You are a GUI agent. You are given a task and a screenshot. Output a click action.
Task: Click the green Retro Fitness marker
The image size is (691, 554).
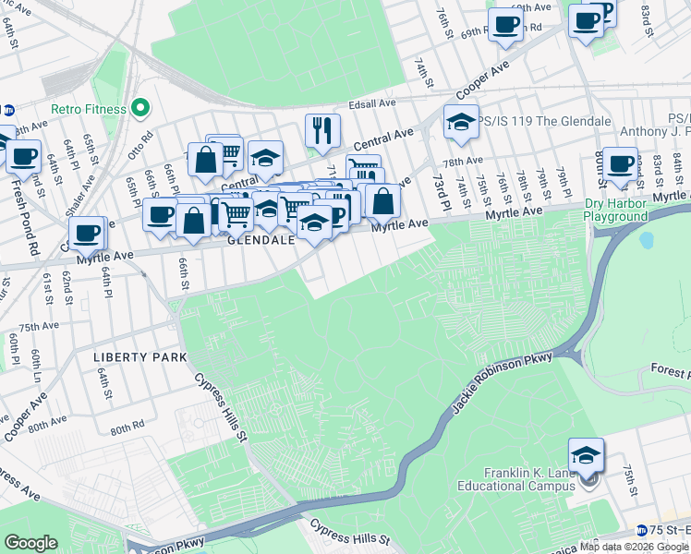pos(140,109)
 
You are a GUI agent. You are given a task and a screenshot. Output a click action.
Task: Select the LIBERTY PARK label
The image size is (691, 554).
pos(139,356)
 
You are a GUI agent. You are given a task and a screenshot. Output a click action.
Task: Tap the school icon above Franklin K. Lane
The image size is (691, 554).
pos(586,455)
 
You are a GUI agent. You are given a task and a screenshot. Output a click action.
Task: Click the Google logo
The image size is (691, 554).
pos(31,543)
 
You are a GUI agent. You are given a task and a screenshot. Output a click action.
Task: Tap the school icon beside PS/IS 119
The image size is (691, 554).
pos(460,121)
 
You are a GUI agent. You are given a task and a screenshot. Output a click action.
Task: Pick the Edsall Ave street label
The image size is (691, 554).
pos(372,104)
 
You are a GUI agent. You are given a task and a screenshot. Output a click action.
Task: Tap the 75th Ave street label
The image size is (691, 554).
pos(39,326)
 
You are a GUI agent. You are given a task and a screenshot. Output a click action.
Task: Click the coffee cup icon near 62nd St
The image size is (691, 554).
pos(87,234)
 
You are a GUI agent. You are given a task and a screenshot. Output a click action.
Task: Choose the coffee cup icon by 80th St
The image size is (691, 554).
pos(621,163)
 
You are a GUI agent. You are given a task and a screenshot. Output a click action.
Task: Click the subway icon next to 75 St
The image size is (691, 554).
pos(641,530)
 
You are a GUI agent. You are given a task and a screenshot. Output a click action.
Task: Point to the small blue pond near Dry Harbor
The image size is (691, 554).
pos(646,240)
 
